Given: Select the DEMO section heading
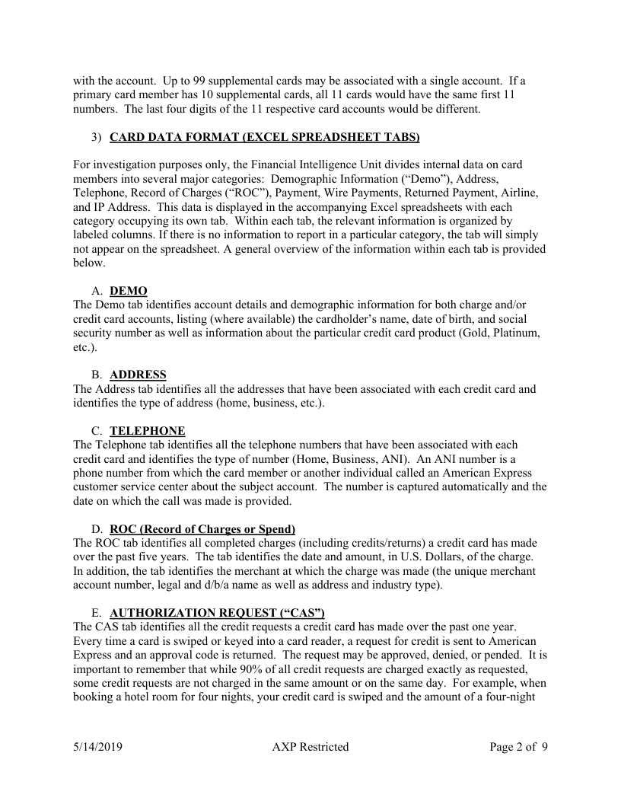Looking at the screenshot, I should tap(129, 291).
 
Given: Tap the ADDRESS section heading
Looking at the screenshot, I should tap(138, 375).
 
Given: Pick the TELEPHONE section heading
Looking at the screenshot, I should tap(147, 430).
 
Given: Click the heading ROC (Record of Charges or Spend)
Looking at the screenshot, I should tap(202, 528).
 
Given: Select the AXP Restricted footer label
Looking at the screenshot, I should tap(310, 747).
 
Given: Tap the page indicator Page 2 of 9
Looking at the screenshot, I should tap(517, 747).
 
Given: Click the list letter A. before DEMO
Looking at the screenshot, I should tap(97, 291).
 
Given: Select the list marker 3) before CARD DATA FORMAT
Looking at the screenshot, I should tap(96, 137).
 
